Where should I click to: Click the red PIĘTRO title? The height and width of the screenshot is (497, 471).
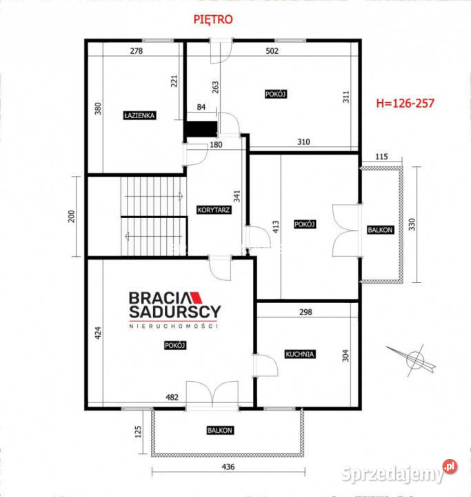coord(213,19)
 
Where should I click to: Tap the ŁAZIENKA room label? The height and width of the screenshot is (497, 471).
coord(139,115)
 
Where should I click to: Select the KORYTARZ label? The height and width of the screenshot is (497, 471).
coord(214,210)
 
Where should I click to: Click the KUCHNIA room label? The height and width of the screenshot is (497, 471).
coord(300,354)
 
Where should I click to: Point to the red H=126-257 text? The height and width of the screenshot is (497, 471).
coord(405,104)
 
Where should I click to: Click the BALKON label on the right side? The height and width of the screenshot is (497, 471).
coord(380,230)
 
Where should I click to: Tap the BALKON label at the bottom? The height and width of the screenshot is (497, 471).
coord(220,431)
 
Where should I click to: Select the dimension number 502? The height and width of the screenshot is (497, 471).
coord(272,50)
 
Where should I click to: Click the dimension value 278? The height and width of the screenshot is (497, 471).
coord(137,50)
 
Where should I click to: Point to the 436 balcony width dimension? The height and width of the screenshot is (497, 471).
coord(228,467)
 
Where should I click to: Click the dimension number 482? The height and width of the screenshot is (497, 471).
coord(172,397)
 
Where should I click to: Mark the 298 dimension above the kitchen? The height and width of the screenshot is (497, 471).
coord(305,312)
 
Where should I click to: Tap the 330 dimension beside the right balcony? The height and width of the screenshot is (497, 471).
coord(412,224)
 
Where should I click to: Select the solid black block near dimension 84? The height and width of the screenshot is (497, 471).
coord(201,128)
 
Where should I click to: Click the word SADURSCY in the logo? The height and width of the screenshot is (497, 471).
coord(175,312)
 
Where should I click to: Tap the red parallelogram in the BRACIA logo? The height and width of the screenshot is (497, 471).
coord(196,298)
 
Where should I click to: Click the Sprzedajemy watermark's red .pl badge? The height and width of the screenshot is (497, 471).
coord(450,466)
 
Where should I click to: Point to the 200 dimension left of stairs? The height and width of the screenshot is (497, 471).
coord(72,217)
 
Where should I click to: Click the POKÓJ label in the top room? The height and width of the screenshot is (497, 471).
coord(276,94)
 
